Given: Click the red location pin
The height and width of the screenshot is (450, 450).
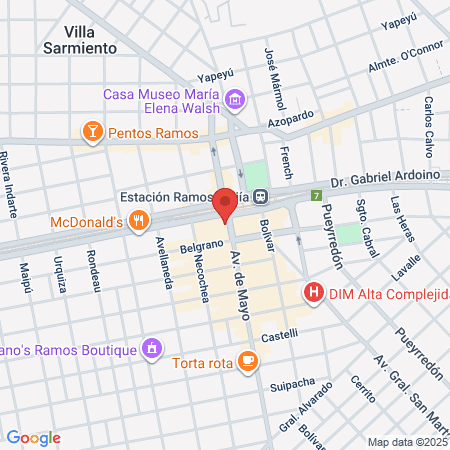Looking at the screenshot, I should click(x=225, y=203).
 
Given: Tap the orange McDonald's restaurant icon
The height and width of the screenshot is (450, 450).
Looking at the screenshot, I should click(x=139, y=221).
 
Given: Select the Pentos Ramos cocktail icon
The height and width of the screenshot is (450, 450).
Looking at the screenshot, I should click(x=92, y=131).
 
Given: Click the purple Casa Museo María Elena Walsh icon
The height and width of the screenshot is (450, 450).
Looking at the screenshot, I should click(x=235, y=98).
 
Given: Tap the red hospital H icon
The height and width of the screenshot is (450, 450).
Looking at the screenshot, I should click(x=314, y=292).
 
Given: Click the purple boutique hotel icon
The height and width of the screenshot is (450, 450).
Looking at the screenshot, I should click(x=151, y=349).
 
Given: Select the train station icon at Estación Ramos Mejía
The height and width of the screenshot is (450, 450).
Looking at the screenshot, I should click(x=260, y=197).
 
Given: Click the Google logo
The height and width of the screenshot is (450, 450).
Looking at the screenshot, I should click(x=33, y=437).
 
